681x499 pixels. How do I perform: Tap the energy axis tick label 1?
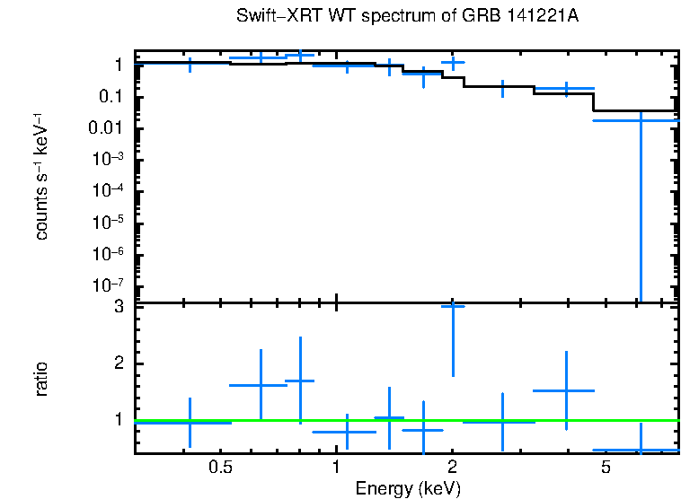click(336, 468)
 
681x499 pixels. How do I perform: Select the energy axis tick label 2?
click(452, 468)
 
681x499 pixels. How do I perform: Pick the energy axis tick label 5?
click(606, 468)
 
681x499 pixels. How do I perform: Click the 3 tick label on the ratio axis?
click(117, 307)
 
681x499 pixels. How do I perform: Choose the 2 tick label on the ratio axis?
click(117, 363)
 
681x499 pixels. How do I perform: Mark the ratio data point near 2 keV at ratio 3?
click(452, 307)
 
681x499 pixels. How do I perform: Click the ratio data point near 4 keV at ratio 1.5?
click(565, 390)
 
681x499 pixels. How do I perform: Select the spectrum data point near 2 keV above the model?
click(452, 62)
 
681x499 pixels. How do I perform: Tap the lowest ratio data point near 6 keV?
click(641, 450)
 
